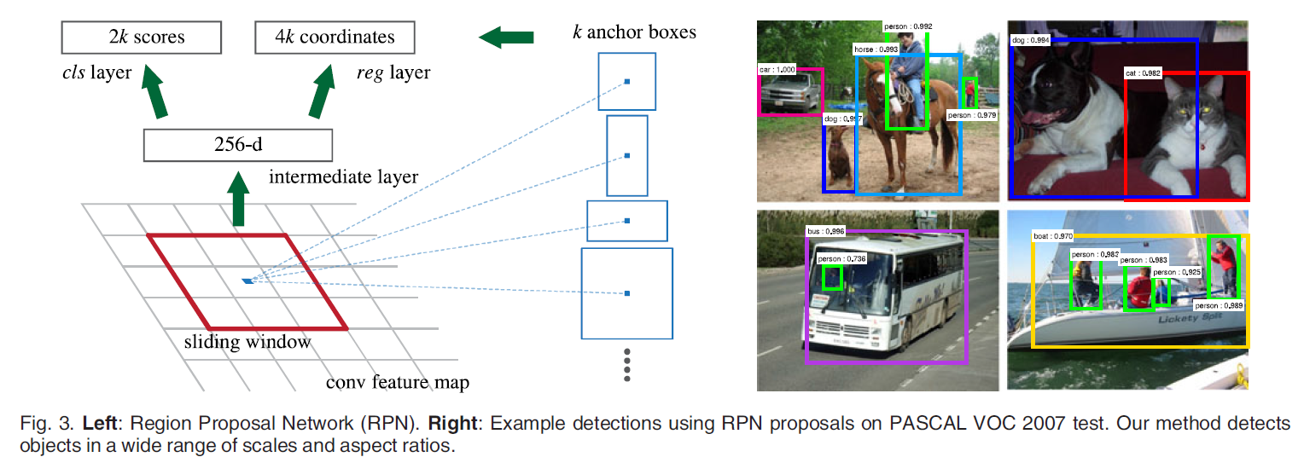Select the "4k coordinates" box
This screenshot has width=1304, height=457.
[x=335, y=38]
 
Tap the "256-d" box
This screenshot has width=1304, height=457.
[x=237, y=144]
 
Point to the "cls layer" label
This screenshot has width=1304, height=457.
[x=96, y=73]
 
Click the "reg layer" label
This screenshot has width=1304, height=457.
[x=393, y=73]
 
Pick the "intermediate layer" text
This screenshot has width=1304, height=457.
[x=343, y=177]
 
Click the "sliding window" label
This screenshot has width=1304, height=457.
[x=247, y=343]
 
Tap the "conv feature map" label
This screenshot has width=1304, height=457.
[x=398, y=382]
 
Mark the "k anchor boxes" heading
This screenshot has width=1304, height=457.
[x=634, y=33]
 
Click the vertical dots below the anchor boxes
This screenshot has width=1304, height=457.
[x=626, y=364]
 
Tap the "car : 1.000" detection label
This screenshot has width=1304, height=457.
[x=777, y=69]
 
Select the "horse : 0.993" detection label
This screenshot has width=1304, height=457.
[x=876, y=50]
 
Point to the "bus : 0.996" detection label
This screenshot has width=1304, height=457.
[x=826, y=231]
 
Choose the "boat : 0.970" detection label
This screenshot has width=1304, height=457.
[x=1053, y=236]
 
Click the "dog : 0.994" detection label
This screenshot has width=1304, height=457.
[x=1030, y=40]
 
